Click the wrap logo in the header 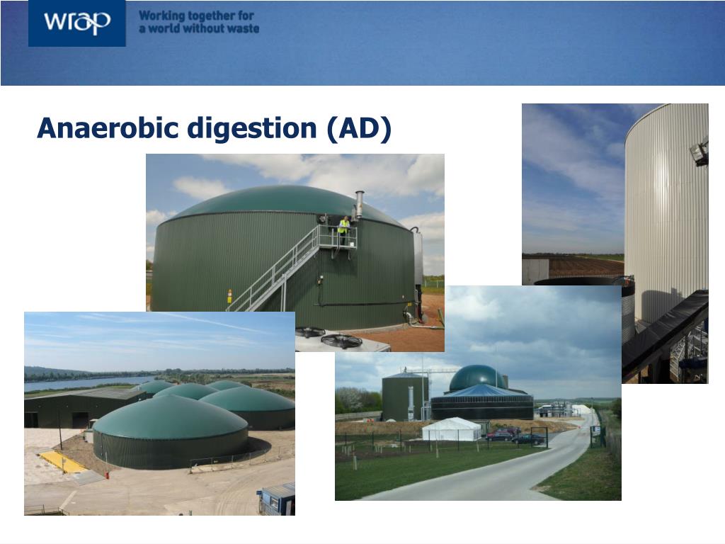[76, 23]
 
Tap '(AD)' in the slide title [359, 129]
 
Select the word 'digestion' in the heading [252, 129]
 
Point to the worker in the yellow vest [343, 230]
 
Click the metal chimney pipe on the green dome [359, 205]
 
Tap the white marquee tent [452, 429]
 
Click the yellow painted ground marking [62, 461]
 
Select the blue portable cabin [277, 499]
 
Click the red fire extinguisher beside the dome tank [108, 475]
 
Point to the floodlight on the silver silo [700, 152]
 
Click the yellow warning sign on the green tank [229, 295]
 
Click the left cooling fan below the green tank [310, 331]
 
